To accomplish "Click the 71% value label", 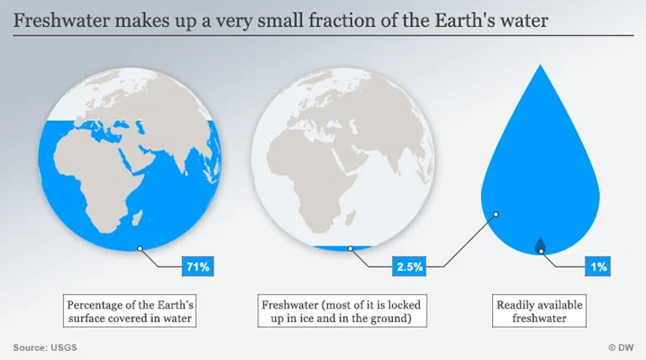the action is [198, 267].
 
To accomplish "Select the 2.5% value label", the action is [409, 267].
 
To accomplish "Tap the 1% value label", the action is [598, 267].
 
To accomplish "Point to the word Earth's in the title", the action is [464, 20].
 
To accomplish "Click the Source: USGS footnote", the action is [45, 347].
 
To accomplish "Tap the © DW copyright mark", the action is [621, 347].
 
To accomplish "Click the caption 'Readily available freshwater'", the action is [539, 311].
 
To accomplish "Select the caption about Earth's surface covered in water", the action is [130, 311].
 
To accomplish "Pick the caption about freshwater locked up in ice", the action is [342, 311].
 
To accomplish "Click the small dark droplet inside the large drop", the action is [540, 245].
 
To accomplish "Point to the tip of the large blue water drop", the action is [540, 65].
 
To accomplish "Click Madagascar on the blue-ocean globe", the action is [138, 219].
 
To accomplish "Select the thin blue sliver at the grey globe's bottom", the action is [342, 248].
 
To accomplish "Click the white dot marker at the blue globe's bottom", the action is [140, 248].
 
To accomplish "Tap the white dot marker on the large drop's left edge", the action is [496, 214].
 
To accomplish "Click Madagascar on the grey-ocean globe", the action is [351, 218].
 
